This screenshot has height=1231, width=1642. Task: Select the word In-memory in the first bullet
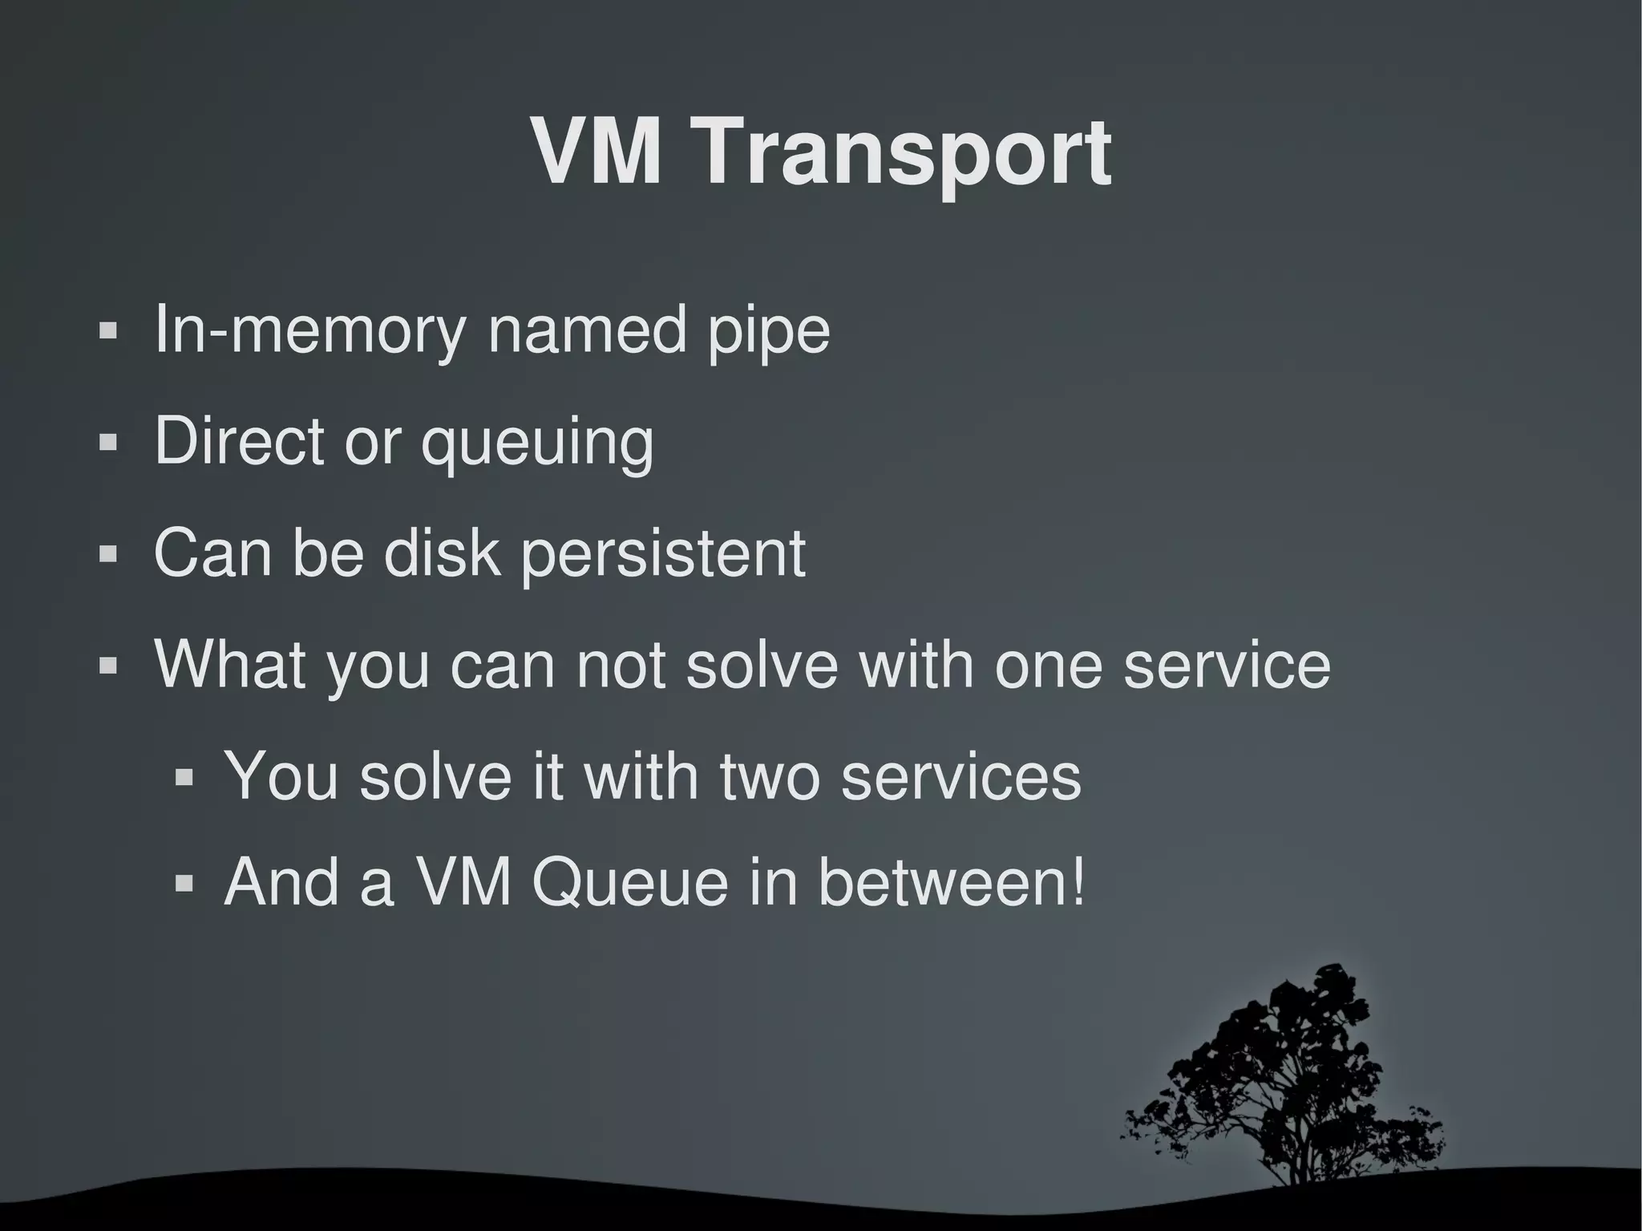(x=309, y=330)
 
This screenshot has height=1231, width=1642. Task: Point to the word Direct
(x=239, y=440)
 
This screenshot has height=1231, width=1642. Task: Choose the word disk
(x=442, y=553)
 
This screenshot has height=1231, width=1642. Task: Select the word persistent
(x=664, y=553)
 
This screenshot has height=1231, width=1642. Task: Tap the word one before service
(x=1048, y=665)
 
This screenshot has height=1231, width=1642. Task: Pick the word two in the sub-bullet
(x=770, y=775)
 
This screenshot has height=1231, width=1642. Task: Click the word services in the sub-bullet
(x=961, y=775)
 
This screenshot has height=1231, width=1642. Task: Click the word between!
(x=952, y=882)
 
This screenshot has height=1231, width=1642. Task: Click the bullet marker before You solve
(x=184, y=776)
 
